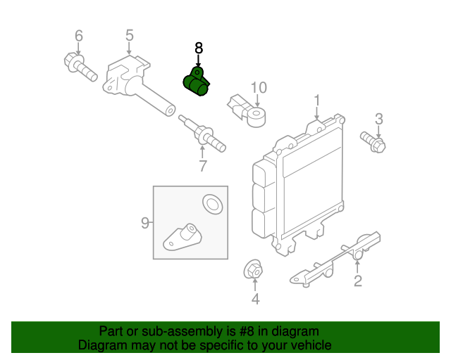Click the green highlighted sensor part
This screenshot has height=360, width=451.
click(195, 83)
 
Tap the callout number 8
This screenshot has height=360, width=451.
click(198, 48)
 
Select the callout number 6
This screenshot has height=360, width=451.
click(78, 35)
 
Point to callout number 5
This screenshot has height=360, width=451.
click(130, 35)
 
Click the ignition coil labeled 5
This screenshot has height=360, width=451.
click(134, 85)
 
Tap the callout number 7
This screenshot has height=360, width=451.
click(202, 167)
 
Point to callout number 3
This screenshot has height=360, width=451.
click(378, 118)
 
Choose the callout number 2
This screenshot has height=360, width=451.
click(357, 282)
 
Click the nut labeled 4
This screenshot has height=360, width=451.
click(254, 269)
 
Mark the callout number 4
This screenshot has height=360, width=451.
click(255, 300)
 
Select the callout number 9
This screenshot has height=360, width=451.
click(145, 223)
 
